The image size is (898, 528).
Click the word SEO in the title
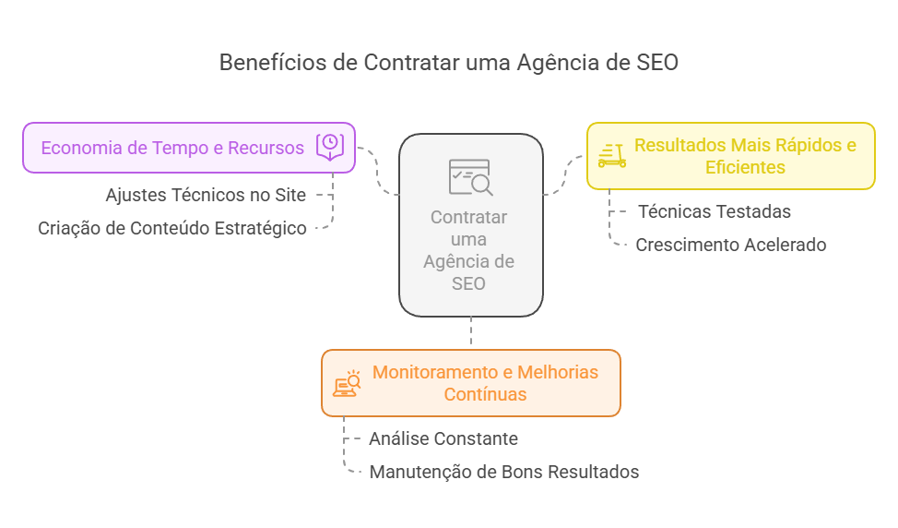(657, 63)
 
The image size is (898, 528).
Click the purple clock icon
(330, 147)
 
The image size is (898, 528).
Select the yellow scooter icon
(611, 155)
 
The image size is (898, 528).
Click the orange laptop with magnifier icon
(347, 383)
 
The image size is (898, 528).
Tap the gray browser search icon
(471, 177)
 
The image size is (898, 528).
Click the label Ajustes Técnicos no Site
(206, 195)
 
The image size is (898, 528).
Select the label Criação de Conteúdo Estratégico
(171, 228)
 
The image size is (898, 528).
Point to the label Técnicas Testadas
(715, 211)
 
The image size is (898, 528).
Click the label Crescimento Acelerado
(731, 245)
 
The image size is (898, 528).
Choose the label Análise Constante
(443, 438)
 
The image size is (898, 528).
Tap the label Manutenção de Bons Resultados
(504, 472)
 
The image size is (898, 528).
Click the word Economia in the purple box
(81, 148)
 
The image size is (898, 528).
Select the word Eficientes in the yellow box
(745, 167)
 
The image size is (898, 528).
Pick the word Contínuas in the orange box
(485, 394)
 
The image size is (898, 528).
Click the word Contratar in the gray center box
(468, 217)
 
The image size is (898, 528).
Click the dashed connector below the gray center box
(471, 331)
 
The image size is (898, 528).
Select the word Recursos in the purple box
(266, 148)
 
